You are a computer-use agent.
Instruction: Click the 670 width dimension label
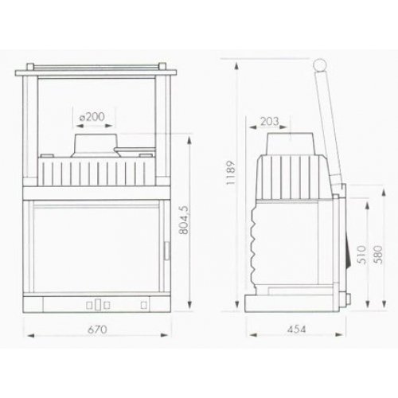[x=97, y=330]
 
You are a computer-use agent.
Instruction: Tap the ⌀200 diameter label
[x=92, y=116]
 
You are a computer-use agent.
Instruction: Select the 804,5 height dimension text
[x=184, y=220]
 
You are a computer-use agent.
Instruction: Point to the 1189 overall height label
[x=231, y=173]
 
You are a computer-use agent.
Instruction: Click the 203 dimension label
[x=270, y=121]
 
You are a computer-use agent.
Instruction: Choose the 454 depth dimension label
[x=296, y=330]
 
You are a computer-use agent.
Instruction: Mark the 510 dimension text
[x=361, y=255]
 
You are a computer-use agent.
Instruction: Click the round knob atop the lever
[x=319, y=65]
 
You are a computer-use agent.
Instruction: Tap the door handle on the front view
[x=167, y=251]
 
